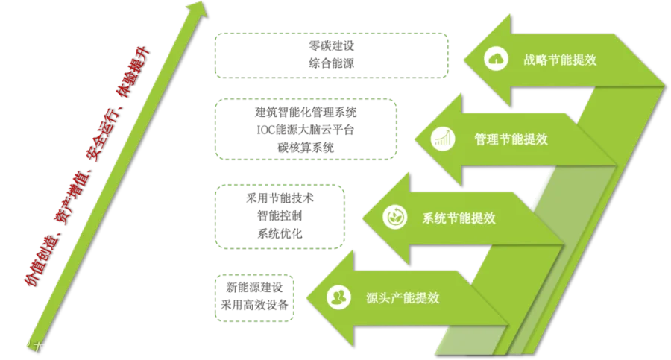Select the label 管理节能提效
(511, 139)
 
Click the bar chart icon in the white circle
(445, 139)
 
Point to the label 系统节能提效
(459, 218)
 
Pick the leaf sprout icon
(392, 218)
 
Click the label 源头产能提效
(403, 297)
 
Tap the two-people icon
(338, 297)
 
